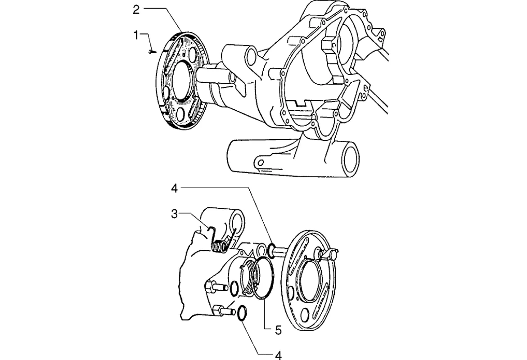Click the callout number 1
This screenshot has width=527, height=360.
click(x=136, y=35)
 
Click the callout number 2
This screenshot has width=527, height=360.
click(x=136, y=10)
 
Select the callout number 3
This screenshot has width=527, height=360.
click(x=174, y=214)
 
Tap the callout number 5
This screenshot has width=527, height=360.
click(x=278, y=330)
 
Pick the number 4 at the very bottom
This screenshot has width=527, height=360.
click(x=278, y=355)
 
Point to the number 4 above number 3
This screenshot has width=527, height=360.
click(x=174, y=189)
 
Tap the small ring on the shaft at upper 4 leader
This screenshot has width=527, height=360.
click(x=271, y=249)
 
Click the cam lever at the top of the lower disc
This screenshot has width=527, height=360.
click(x=328, y=253)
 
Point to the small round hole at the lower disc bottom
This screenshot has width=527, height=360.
click(x=305, y=315)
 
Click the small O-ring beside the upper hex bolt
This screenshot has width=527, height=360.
click(x=235, y=289)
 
